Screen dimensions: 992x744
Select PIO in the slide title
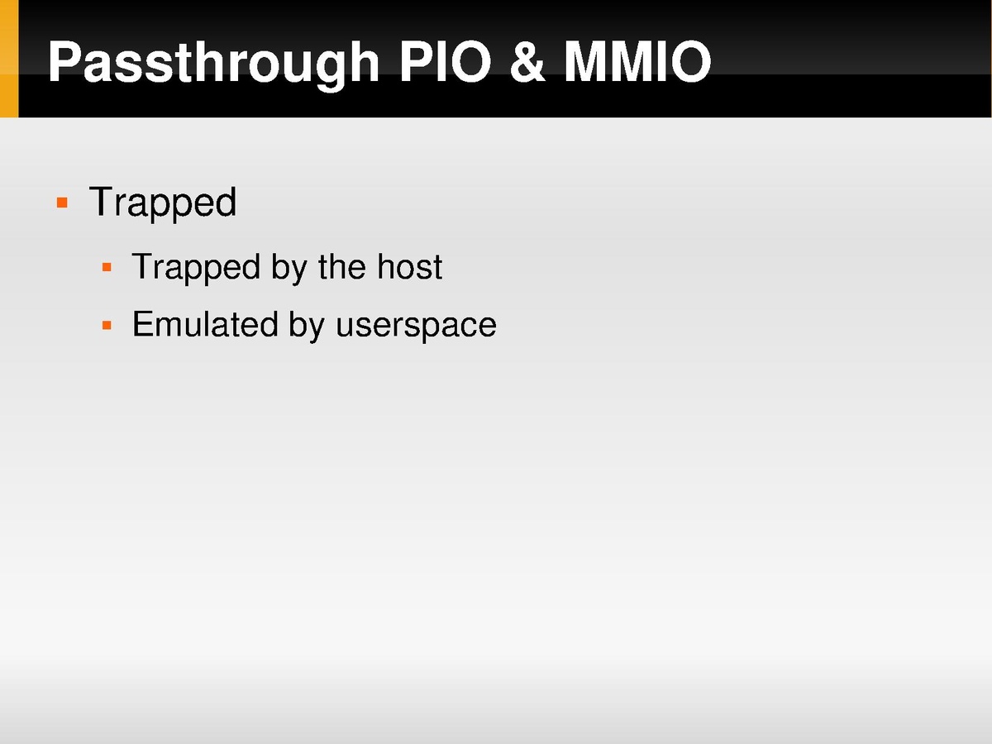point(445,61)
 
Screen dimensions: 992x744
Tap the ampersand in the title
point(527,61)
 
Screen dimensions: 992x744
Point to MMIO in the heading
point(637,61)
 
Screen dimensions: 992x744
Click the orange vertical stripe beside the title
point(9,59)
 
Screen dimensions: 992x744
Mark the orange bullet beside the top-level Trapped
point(62,203)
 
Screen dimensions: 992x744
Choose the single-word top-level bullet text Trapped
point(163,203)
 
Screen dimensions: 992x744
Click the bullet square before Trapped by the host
point(107,267)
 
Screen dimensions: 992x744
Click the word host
point(409,266)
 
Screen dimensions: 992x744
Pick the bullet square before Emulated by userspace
point(107,325)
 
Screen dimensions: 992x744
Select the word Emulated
point(205,324)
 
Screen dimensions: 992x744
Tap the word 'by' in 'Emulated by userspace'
point(307,327)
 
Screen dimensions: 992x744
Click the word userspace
point(417,327)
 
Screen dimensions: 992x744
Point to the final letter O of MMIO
point(690,61)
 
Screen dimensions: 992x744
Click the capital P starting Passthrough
point(65,61)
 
